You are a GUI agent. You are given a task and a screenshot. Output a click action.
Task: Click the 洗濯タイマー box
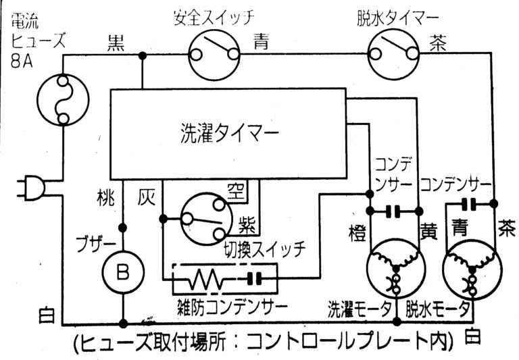pos(230,134)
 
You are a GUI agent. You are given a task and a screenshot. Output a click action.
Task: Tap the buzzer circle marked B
pos(122,272)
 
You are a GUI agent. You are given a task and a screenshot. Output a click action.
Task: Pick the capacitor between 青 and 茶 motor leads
pos(468,204)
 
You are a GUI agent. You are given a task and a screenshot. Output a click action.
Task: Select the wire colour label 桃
pos(107,199)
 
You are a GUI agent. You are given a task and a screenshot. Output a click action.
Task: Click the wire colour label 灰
pos(147,199)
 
